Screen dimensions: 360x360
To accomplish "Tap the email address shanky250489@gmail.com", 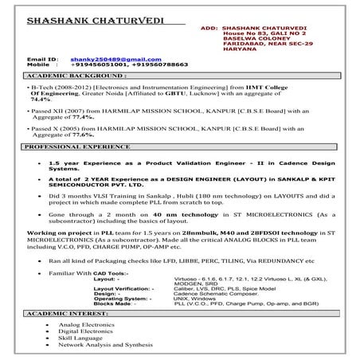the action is (108, 59).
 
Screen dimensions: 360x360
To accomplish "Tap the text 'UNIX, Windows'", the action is (197, 298).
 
